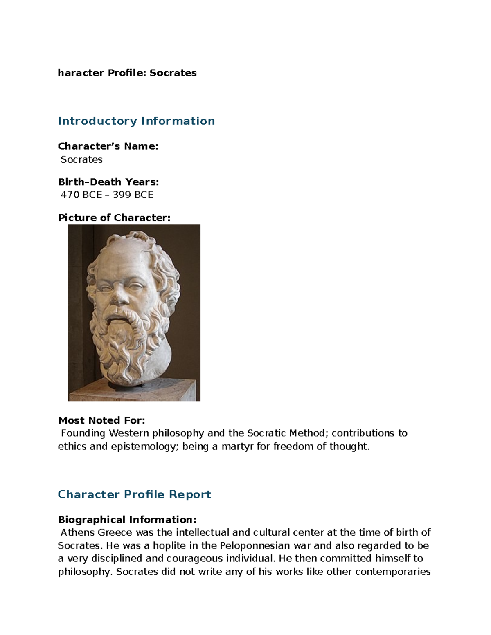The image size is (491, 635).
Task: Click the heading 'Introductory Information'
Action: pyautogui.click(x=136, y=121)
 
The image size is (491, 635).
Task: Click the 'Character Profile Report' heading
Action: pyautogui.click(x=134, y=494)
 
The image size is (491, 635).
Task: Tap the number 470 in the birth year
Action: pyautogui.click(x=70, y=195)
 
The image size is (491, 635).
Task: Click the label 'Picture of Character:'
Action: pyautogui.click(x=114, y=218)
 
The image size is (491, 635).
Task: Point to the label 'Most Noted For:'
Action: pyautogui.click(x=101, y=420)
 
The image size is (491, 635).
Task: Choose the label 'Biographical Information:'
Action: pyautogui.click(x=127, y=520)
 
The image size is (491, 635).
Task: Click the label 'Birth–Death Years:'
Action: pyautogui.click(x=108, y=182)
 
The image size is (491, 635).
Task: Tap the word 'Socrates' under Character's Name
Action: pyautogui.click(x=81, y=159)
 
